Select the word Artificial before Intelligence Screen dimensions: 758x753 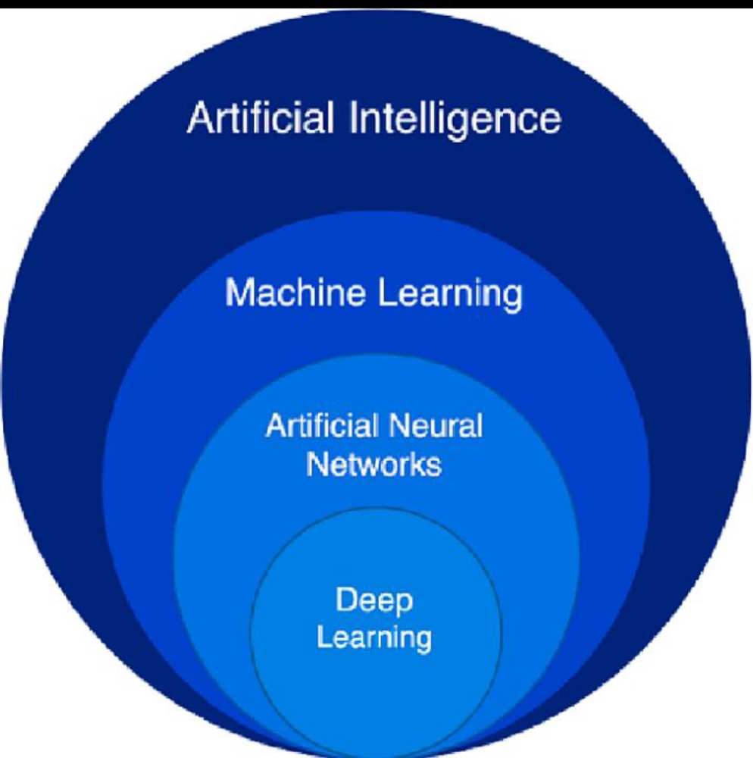[x=261, y=119]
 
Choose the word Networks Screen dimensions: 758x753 [x=373, y=464]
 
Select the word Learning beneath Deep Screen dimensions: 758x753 [x=374, y=638]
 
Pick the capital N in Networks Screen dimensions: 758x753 [x=314, y=464]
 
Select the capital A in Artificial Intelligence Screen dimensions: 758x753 [x=198, y=119]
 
